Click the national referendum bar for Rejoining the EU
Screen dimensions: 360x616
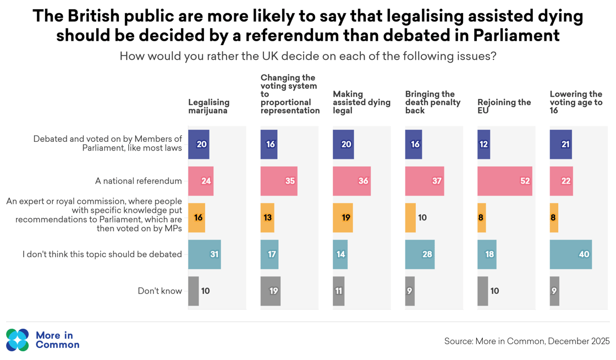click(504, 181)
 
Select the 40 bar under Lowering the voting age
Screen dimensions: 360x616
click(570, 254)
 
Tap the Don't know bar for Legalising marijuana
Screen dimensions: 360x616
click(193, 291)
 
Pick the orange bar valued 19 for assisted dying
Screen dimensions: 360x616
click(343, 218)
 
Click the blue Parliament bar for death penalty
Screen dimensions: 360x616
click(413, 145)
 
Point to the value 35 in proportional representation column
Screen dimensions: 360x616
click(290, 181)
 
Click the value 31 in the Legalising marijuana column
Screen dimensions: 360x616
click(214, 254)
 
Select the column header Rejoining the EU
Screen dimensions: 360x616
click(504, 106)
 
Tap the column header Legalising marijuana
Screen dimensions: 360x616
click(208, 106)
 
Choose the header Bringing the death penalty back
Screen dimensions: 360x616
click(432, 102)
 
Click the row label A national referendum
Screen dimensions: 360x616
click(138, 181)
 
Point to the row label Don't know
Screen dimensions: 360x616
click(159, 291)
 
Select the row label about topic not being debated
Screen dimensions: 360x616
click(102, 254)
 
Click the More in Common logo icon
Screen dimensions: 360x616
click(18, 340)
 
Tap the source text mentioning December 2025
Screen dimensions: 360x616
click(526, 341)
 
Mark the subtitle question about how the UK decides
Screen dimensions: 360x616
click(307, 56)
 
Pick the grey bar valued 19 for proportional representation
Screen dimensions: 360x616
click(270, 291)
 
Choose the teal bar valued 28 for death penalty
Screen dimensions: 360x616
click(419, 254)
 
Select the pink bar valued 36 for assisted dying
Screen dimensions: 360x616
click(351, 181)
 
